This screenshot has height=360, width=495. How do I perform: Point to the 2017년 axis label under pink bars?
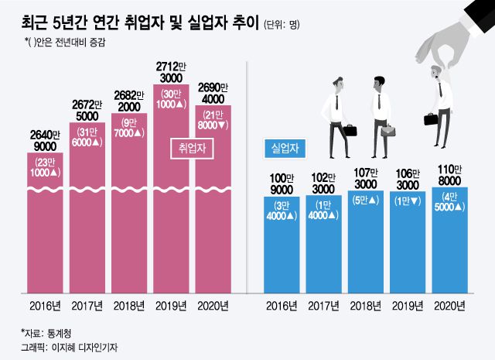point(90,304)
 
